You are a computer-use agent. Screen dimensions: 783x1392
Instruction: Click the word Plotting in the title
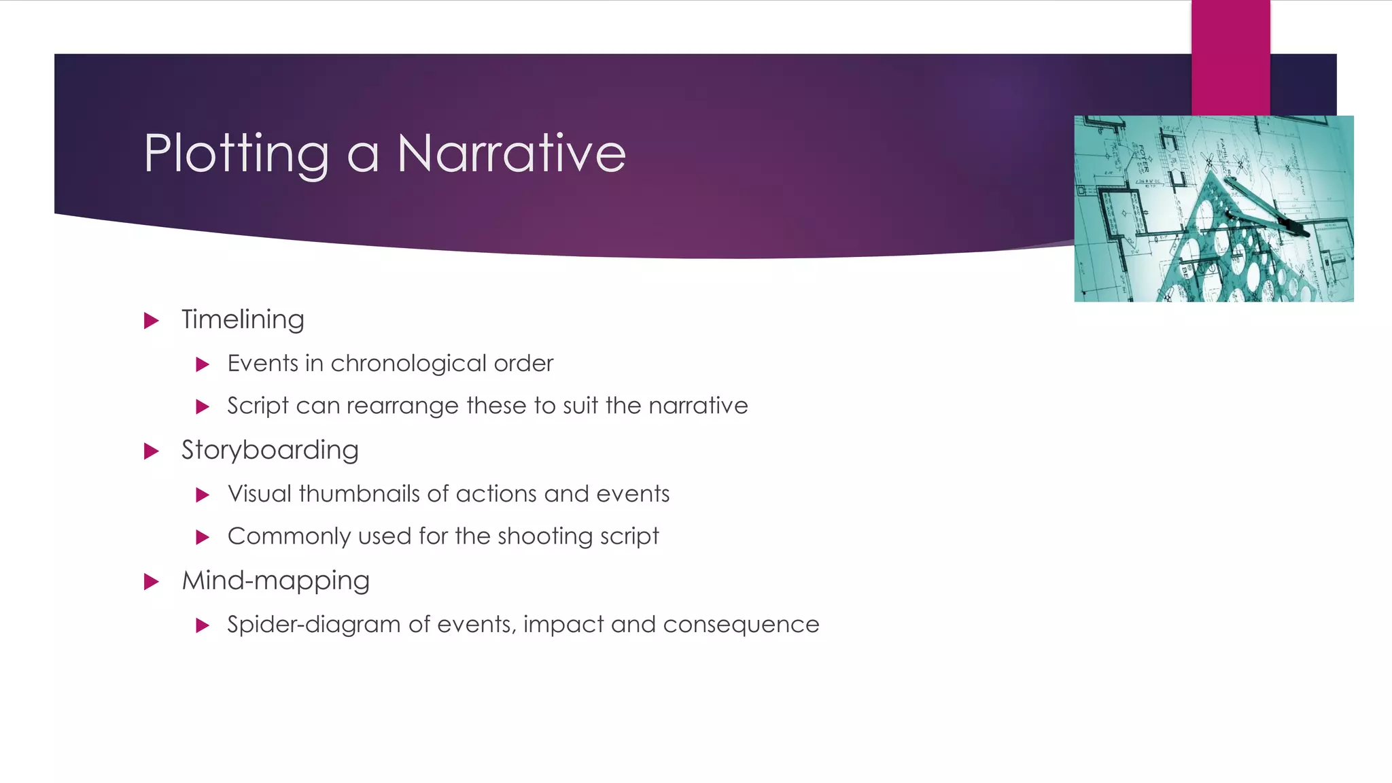click(x=237, y=154)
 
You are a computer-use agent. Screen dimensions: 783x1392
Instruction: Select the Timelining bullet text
click(x=243, y=319)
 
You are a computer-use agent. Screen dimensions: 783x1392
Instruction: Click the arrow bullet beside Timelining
click(x=152, y=320)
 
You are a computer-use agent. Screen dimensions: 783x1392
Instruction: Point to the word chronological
click(x=408, y=364)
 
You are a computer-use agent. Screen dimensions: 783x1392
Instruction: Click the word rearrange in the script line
click(x=402, y=406)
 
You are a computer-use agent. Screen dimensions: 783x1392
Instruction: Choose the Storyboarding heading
click(x=270, y=450)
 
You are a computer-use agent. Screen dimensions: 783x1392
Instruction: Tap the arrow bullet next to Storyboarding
click(x=152, y=451)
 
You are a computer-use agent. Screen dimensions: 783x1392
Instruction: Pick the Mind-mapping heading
click(x=275, y=580)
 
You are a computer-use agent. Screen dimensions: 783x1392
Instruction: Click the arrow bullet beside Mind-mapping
click(x=152, y=581)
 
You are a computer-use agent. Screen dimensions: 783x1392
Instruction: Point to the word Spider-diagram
click(x=313, y=625)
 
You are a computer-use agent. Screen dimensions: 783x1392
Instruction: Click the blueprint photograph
click(x=1213, y=209)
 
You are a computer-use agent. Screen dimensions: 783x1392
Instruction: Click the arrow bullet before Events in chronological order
click(x=202, y=364)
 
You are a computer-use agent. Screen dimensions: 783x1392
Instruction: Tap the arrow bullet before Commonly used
click(x=202, y=537)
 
